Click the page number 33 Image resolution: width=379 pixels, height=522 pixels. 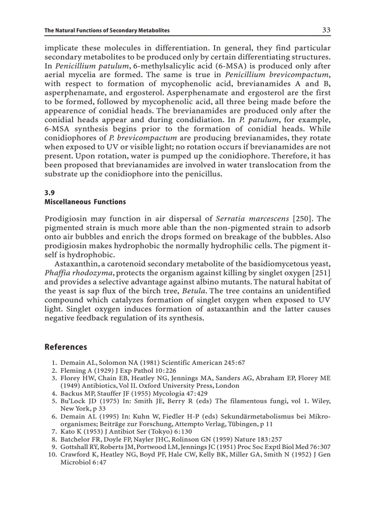coord(326,30)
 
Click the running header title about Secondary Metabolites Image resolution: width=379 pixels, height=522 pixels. coord(107,31)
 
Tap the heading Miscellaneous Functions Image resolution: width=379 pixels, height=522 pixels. coord(85,202)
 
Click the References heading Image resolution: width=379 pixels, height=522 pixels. coord(65,347)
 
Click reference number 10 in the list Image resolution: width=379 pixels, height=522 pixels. coord(52,455)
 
